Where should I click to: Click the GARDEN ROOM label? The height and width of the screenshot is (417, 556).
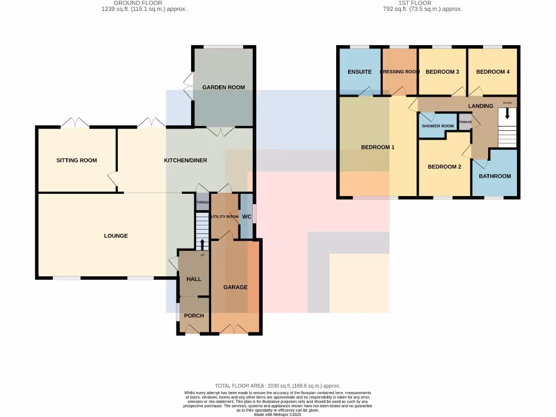pyautogui.click(x=223, y=87)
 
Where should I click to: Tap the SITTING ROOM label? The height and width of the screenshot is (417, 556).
pyautogui.click(x=77, y=160)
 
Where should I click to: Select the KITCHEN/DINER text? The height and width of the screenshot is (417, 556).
pyautogui.click(x=186, y=160)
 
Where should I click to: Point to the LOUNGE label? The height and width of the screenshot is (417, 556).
pyautogui.click(x=116, y=236)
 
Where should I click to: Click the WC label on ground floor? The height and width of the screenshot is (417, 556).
pyautogui.click(x=247, y=217)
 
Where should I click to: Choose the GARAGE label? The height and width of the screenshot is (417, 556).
pyautogui.click(x=235, y=287)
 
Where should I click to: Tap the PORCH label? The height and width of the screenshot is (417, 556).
pyautogui.click(x=194, y=316)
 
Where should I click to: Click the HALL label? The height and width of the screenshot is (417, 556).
pyautogui.click(x=194, y=279)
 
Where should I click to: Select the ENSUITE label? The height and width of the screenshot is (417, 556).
pyautogui.click(x=359, y=72)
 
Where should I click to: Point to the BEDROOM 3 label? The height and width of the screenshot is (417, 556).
pyautogui.click(x=442, y=72)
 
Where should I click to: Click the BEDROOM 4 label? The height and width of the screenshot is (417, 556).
pyautogui.click(x=492, y=72)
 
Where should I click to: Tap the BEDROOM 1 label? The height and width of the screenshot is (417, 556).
pyautogui.click(x=377, y=147)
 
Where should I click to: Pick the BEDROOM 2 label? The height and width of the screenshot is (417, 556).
pyautogui.click(x=444, y=167)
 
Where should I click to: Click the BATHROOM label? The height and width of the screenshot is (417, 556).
pyautogui.click(x=495, y=176)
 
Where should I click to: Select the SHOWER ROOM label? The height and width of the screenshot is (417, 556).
pyautogui.click(x=438, y=126)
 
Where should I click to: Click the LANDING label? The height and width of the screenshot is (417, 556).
pyautogui.click(x=480, y=106)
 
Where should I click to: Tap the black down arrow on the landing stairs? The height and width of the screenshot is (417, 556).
pyautogui.click(x=508, y=114)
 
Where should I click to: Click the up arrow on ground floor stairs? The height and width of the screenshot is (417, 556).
pyautogui.click(x=202, y=243)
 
